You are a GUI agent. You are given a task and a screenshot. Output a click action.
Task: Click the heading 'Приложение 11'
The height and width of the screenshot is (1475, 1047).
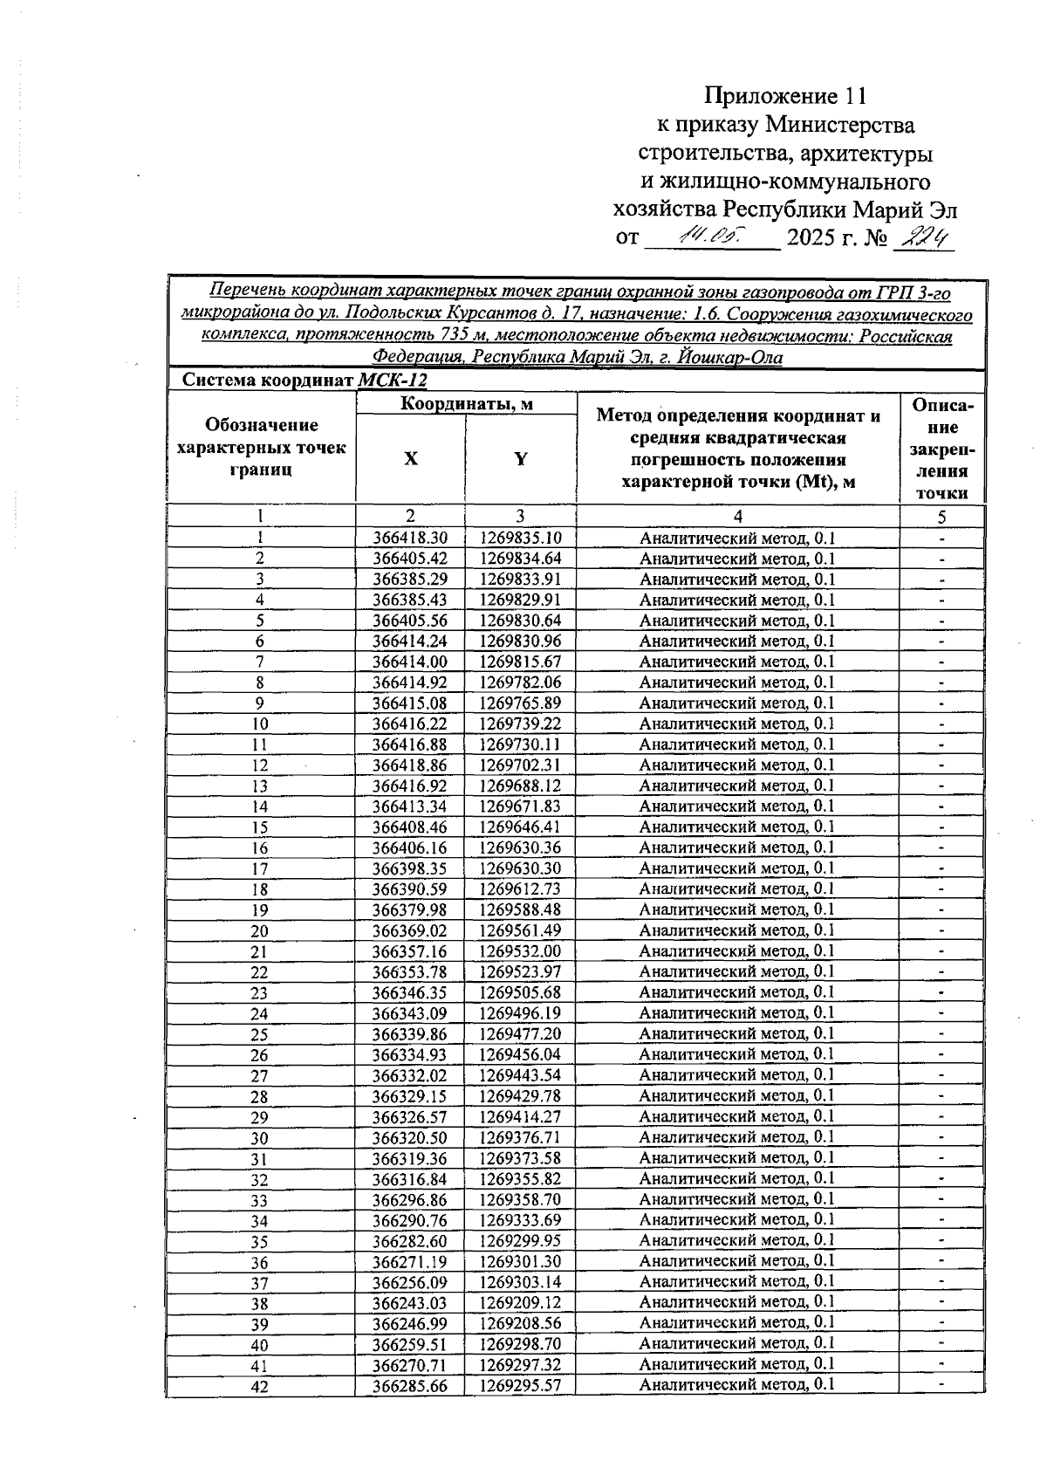[x=787, y=95]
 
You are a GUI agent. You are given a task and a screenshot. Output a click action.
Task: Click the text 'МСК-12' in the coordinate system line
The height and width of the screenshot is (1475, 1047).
[x=393, y=381]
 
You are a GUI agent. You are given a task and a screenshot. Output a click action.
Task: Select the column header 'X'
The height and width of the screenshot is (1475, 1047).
[x=410, y=459]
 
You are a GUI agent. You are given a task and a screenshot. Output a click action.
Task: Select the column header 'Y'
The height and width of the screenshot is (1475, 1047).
[x=520, y=459]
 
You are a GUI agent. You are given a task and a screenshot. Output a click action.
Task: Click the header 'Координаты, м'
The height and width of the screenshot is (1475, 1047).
[x=467, y=403]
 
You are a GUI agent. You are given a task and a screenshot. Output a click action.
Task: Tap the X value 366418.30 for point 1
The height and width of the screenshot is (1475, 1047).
[x=410, y=539]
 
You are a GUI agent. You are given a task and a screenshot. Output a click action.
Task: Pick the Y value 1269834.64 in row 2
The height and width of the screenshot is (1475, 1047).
[x=520, y=559]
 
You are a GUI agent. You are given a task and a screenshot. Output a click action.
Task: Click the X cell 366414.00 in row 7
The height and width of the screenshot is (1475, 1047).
[x=410, y=662]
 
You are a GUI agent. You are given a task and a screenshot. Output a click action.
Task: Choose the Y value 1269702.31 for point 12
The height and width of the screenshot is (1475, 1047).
[x=520, y=765]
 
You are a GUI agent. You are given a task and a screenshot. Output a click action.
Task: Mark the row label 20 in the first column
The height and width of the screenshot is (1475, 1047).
[x=260, y=931]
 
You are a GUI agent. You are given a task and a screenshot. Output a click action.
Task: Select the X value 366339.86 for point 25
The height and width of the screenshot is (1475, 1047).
[x=410, y=1034]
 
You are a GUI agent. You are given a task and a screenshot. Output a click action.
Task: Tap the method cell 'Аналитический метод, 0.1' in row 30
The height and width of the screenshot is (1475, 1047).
[x=737, y=1137]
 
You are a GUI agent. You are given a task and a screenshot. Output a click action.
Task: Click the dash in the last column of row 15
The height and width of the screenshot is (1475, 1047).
[x=942, y=827]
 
